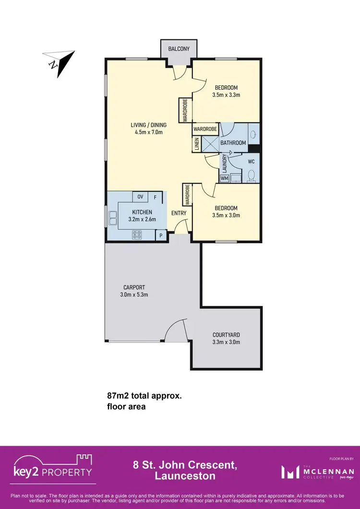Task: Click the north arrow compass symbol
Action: click(x=59, y=62)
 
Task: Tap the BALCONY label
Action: click(x=179, y=49)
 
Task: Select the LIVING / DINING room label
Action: click(x=148, y=125)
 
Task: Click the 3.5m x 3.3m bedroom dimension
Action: click(x=227, y=95)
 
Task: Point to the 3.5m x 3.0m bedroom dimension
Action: click(x=227, y=215)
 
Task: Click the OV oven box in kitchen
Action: click(x=140, y=197)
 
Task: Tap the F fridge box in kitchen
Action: click(x=155, y=197)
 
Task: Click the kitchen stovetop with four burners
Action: click(x=137, y=235)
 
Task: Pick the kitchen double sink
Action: click(x=113, y=218)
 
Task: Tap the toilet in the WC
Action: click(x=251, y=175)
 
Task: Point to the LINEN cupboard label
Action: click(x=196, y=144)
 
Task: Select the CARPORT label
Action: click(x=134, y=287)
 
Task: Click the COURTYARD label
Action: click(x=226, y=335)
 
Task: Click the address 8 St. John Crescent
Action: click(x=185, y=465)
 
